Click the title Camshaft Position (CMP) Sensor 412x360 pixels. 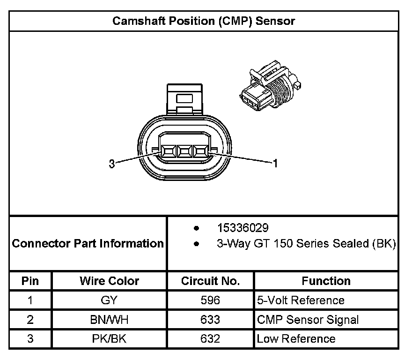(204, 21)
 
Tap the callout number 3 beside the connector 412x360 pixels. (111, 164)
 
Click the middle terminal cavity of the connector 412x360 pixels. (184, 151)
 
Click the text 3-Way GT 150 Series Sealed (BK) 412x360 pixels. (306, 244)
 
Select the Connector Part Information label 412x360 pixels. (88, 243)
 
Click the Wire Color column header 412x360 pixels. (109, 281)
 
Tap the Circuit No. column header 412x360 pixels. (210, 281)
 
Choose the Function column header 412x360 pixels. (326, 281)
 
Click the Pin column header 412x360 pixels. (30, 281)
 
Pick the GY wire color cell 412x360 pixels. (109, 300)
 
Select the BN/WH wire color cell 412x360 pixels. (109, 320)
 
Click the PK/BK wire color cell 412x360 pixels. (109, 338)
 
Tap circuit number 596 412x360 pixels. (210, 300)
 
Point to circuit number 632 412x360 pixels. (210, 338)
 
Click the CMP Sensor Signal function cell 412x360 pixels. (308, 320)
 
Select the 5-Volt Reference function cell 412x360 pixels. (301, 300)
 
